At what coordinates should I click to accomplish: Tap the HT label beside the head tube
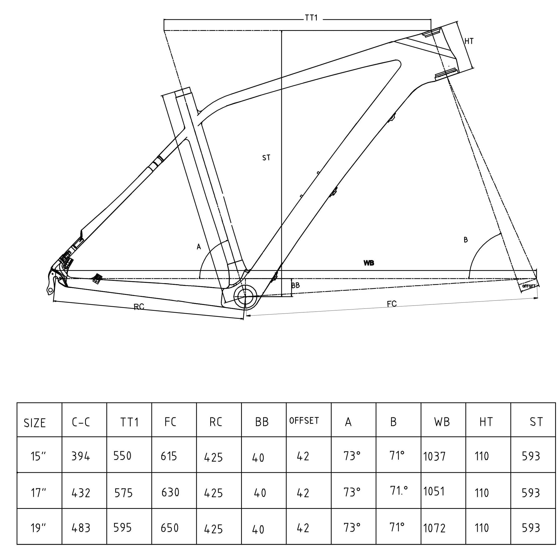(469, 41)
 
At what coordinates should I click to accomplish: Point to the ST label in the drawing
(266, 158)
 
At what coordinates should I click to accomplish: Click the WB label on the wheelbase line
(369, 263)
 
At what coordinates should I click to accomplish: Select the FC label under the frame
(392, 304)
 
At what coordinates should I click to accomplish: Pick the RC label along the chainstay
(139, 307)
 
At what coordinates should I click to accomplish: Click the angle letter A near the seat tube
(199, 247)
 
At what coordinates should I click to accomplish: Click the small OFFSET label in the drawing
(529, 286)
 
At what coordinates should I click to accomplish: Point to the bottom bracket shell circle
(245, 296)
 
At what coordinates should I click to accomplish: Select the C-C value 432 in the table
(81, 493)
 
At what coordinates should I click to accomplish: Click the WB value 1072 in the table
(434, 528)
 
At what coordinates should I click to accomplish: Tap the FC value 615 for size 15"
(169, 456)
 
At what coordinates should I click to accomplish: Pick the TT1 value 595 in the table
(123, 528)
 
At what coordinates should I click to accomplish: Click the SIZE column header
(35, 423)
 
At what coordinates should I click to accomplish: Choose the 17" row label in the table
(38, 493)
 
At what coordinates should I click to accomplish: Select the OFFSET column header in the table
(304, 421)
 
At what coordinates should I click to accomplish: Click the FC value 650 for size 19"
(170, 528)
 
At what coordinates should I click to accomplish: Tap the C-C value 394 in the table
(81, 456)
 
